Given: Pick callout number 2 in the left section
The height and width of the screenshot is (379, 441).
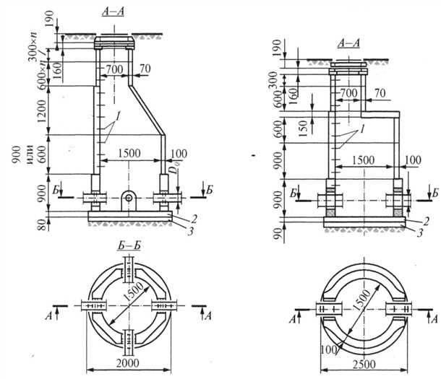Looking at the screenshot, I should (x=194, y=216).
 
